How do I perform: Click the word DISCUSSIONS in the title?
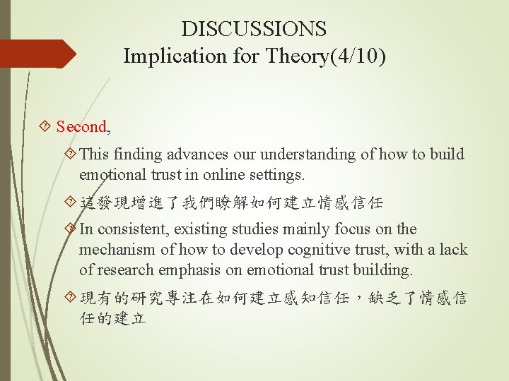point(254,29)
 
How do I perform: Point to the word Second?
point(81,127)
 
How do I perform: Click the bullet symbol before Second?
point(47,127)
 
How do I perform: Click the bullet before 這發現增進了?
point(71,202)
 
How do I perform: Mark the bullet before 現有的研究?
point(71,298)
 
